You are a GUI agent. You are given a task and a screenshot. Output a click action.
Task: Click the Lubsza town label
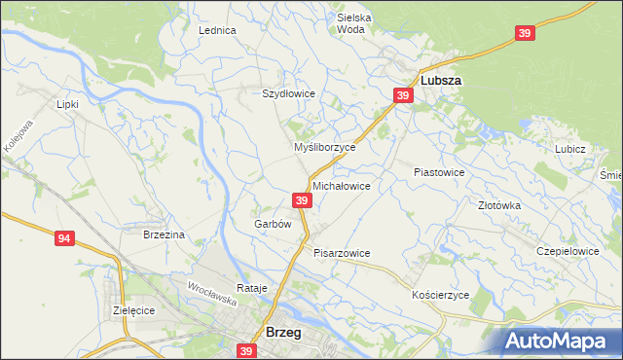click(x=440, y=81)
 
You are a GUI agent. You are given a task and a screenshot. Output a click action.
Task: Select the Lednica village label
click(x=218, y=30)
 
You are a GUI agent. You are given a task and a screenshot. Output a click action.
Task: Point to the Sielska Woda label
click(x=354, y=23)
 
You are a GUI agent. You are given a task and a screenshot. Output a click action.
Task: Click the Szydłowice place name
click(x=288, y=93)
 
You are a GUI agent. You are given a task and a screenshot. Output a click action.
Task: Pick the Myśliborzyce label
click(x=325, y=147)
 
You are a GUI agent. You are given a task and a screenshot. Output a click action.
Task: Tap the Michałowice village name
click(x=341, y=185)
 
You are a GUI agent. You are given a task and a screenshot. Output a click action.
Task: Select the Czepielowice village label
click(x=568, y=250)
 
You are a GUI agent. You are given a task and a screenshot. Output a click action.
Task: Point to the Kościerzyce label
click(x=441, y=295)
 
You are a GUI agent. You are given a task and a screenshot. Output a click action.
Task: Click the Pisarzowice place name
click(x=342, y=253)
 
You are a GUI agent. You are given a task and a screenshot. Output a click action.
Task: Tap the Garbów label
click(x=273, y=224)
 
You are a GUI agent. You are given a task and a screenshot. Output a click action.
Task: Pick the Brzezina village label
click(x=164, y=234)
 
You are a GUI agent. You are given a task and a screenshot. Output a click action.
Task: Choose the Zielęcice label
click(x=134, y=310)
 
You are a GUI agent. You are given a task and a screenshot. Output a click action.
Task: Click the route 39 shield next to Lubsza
click(x=404, y=94)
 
